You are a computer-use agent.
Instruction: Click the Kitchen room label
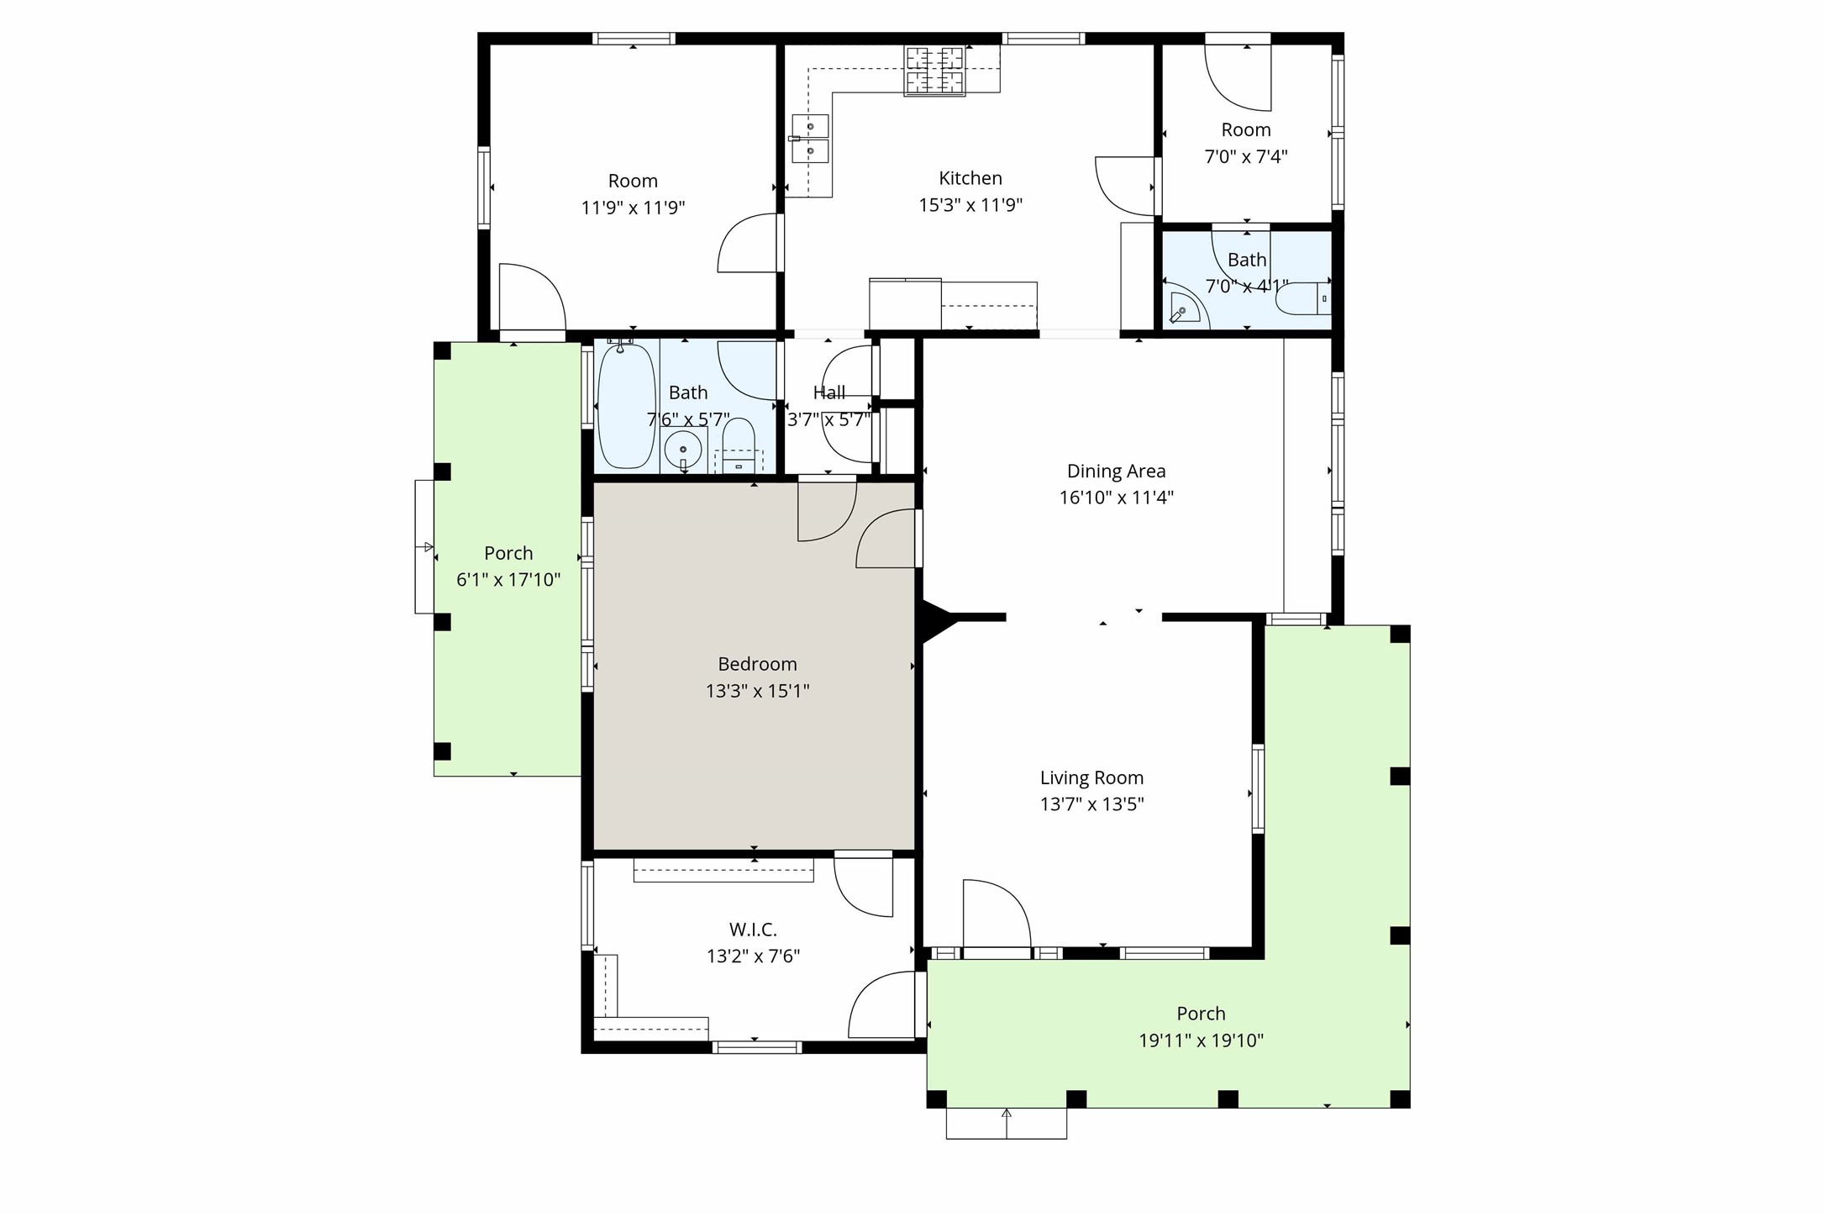point(970,178)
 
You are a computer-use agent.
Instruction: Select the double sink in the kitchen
point(811,140)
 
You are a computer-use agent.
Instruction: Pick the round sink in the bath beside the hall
point(682,450)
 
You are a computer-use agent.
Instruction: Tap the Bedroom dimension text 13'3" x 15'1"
point(757,691)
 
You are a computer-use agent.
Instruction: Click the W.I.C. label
point(752,930)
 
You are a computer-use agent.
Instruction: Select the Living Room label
point(1091,778)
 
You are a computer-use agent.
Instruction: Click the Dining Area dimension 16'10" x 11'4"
point(1116,498)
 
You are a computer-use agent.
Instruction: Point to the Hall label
point(828,392)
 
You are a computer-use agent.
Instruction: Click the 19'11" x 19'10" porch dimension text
point(1201,1041)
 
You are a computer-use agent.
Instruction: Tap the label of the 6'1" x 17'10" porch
point(508,553)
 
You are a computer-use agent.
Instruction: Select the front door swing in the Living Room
point(997,916)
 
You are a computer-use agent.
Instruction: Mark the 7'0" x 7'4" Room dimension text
point(1245,156)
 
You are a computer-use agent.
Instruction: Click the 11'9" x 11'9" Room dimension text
point(633,208)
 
